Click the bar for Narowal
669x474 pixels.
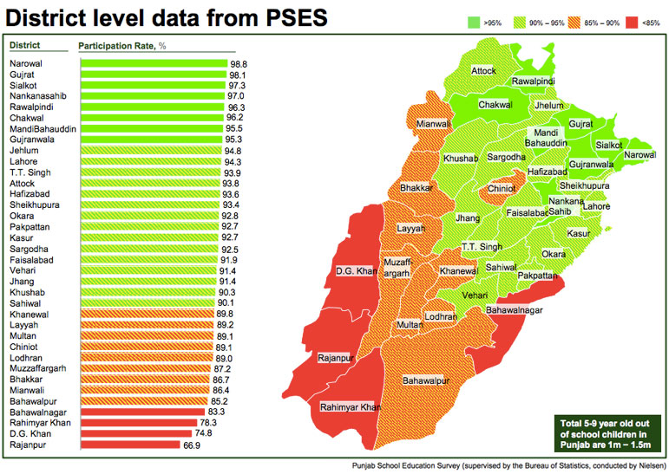153,64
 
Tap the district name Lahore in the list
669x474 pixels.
23,161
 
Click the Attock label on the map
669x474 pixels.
483,70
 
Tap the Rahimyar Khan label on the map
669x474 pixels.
351,406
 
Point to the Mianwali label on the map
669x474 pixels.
434,124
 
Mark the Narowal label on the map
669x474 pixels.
639,154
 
